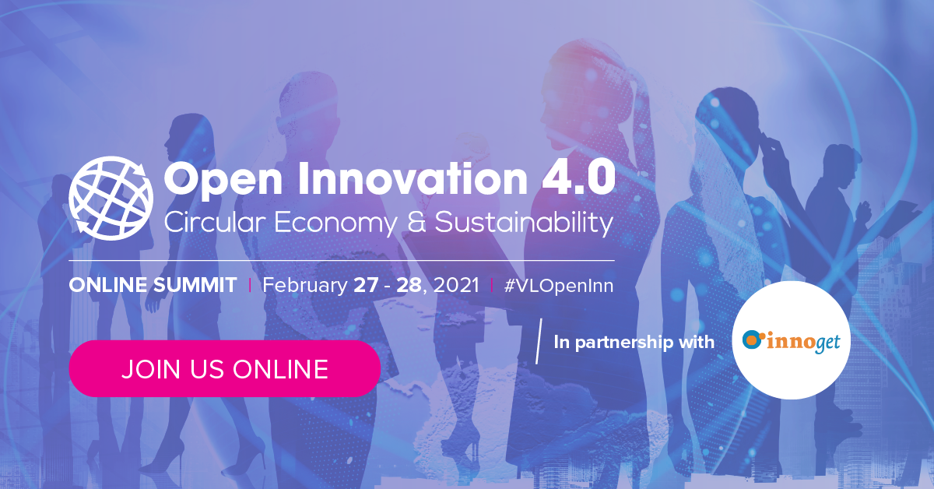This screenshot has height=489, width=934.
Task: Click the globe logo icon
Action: coord(111,199)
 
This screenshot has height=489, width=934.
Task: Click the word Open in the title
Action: coord(223,179)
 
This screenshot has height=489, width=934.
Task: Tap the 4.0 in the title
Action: coord(579,178)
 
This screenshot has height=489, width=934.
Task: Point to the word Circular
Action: coord(215,222)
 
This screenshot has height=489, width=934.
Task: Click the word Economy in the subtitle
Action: coord(335,223)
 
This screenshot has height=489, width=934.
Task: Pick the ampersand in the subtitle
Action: coord(416,222)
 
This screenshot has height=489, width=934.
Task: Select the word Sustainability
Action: coord(524,223)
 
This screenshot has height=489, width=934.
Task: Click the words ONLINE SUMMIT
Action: coord(153,286)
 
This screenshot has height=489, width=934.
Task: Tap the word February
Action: coord(305,287)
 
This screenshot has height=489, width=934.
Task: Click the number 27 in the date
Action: coord(366,286)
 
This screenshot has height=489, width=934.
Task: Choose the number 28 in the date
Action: coord(409,286)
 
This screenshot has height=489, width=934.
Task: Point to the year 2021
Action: coord(456,286)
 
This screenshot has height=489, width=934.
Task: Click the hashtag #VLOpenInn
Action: coord(559,287)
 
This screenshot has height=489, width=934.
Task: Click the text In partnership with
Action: coord(634,343)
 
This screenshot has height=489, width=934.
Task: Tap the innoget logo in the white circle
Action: coord(791,342)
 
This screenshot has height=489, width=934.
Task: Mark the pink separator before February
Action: coord(250,286)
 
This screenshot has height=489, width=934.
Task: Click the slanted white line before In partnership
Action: coord(539,341)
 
